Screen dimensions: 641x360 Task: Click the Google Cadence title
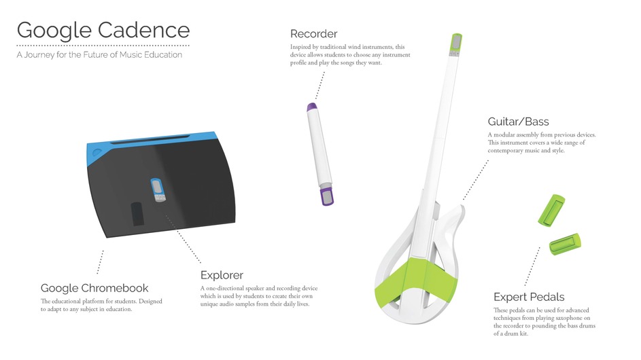click(103, 31)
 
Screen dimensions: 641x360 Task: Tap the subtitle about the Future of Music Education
click(99, 55)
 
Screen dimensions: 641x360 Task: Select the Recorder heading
click(313, 33)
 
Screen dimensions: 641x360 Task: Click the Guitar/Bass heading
click(518, 122)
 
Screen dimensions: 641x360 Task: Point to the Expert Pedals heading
click(529, 297)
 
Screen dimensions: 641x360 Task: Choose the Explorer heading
click(222, 275)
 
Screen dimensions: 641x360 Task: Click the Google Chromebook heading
click(94, 288)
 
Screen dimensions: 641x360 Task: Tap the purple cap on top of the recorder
click(312, 107)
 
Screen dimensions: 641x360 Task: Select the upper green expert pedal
click(551, 210)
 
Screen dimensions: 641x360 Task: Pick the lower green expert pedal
click(565, 244)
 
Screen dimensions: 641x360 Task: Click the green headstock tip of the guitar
click(455, 45)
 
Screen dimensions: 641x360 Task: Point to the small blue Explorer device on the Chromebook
click(158, 190)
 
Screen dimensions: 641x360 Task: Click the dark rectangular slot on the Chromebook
click(137, 214)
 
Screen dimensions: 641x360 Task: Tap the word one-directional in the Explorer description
click(225, 288)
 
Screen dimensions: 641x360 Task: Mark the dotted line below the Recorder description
click(320, 86)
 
